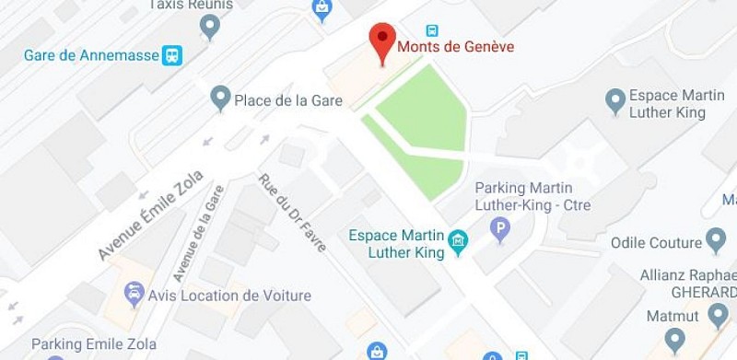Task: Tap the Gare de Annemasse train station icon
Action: pos(171,55)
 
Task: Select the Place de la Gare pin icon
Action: pos(219,97)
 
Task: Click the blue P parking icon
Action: pos(500,227)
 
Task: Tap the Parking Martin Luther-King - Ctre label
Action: pos(532,196)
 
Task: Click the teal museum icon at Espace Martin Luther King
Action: pos(457,243)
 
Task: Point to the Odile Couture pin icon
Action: pos(716,243)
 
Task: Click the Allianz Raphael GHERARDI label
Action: pos(687,283)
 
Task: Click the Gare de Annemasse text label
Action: pos(90,55)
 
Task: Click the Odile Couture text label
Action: pos(656,243)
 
